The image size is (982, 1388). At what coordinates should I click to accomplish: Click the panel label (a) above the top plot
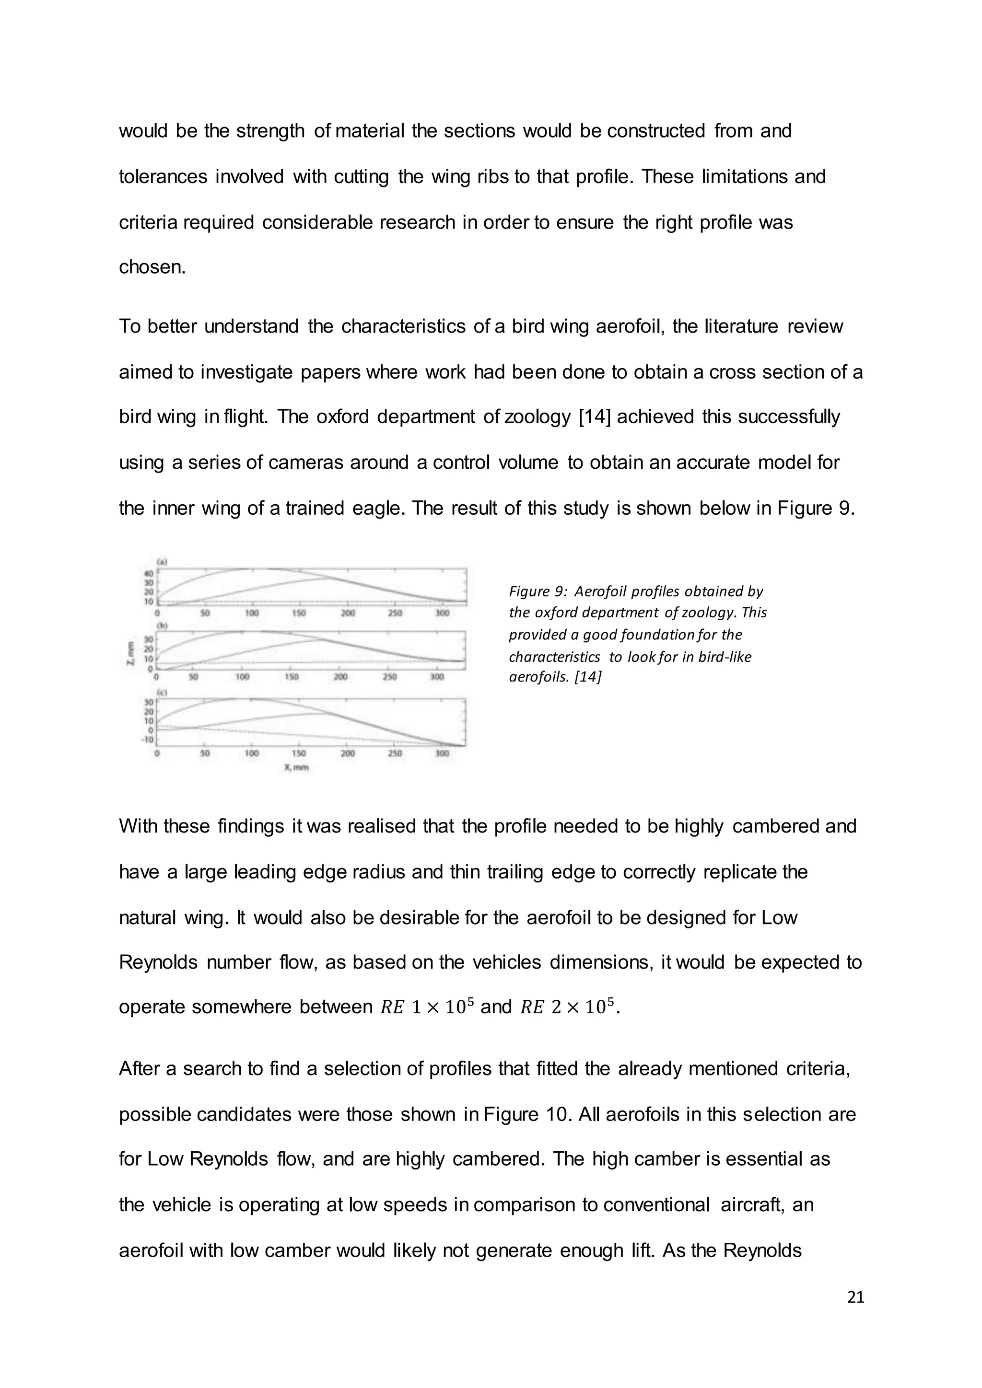point(162,562)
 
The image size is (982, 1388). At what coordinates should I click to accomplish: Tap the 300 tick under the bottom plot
point(442,753)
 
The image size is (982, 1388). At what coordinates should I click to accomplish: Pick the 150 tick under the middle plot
point(291,677)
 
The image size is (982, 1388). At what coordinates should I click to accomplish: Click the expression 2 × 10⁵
point(582,1007)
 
